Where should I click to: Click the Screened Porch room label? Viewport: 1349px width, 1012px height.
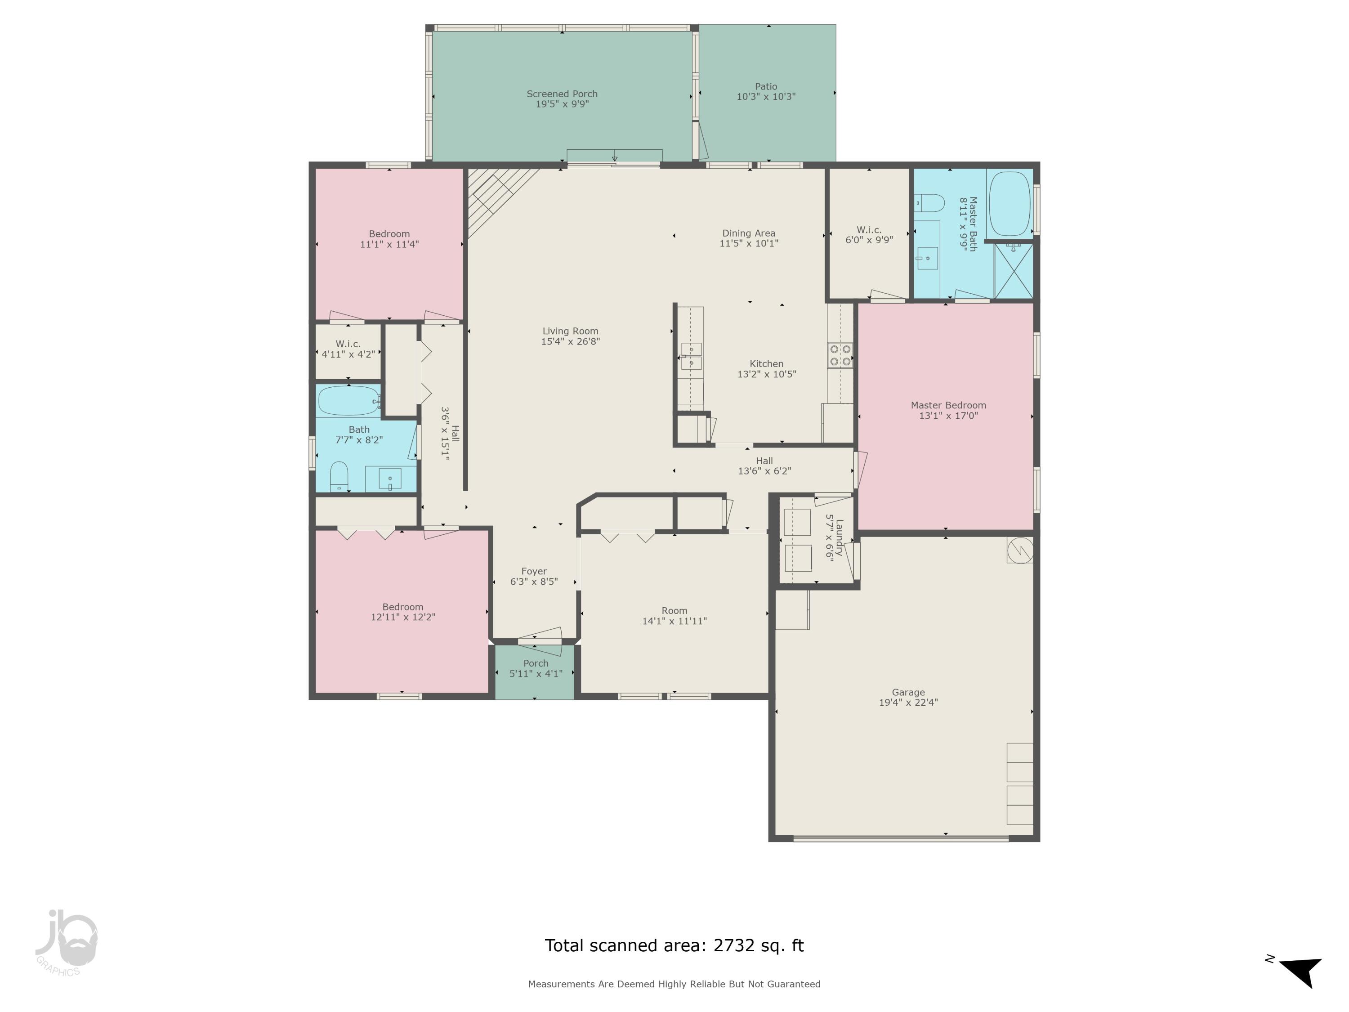click(x=562, y=94)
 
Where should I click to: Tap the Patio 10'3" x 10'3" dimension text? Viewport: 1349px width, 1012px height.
click(x=766, y=96)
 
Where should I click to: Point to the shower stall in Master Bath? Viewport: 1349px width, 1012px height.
click(x=1013, y=271)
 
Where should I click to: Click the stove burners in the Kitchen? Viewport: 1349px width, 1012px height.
click(x=840, y=355)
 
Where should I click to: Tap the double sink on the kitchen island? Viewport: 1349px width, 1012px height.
click(x=691, y=356)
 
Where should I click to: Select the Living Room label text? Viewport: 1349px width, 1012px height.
click(x=570, y=331)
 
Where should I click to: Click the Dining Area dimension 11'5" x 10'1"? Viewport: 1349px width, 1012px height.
click(x=748, y=243)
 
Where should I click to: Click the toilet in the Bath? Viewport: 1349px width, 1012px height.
click(x=339, y=476)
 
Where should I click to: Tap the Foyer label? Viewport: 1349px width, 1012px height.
click(x=534, y=572)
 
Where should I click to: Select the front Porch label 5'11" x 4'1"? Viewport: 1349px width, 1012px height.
click(x=536, y=673)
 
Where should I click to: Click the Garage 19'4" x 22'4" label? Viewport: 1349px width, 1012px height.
click(x=908, y=702)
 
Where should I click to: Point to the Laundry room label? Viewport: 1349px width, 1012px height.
click(x=839, y=537)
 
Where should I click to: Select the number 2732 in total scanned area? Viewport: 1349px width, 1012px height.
click(x=734, y=945)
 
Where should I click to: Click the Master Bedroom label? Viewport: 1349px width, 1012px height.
click(x=948, y=405)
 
